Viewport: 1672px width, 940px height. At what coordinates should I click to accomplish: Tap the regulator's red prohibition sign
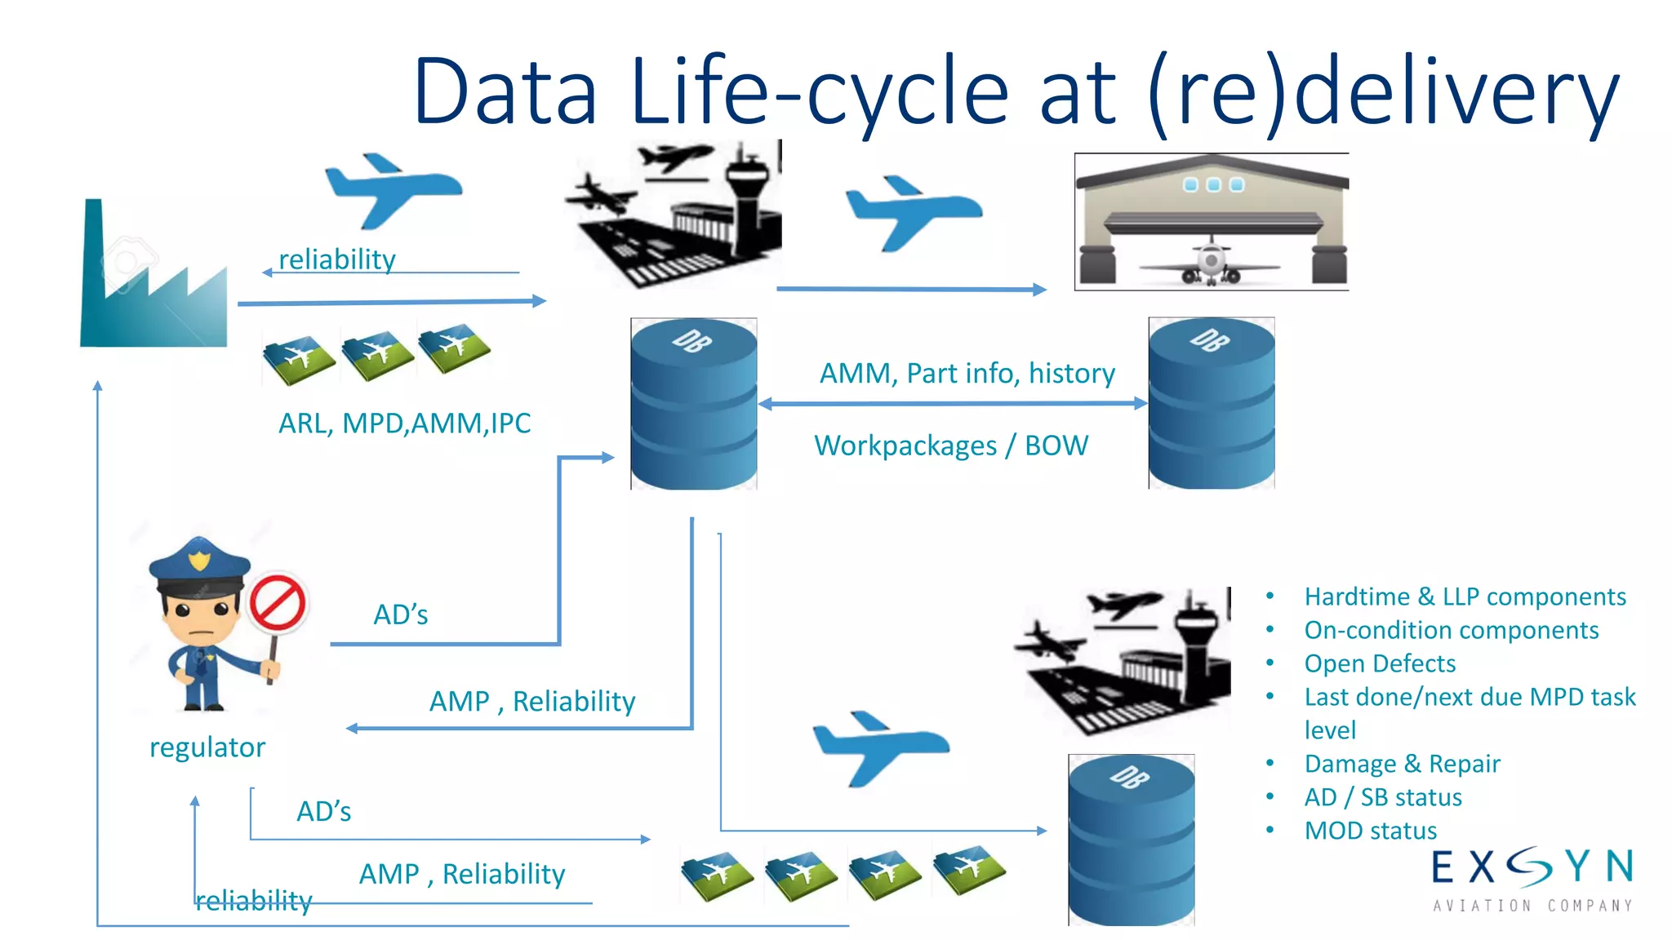coord(278,605)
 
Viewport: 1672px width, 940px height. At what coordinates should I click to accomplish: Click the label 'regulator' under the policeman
coord(207,747)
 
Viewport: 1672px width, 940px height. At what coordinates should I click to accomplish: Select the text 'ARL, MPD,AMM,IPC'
coord(404,423)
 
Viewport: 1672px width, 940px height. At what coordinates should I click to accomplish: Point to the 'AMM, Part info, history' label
coord(967,373)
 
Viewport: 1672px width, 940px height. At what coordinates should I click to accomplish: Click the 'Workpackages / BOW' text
coord(951,446)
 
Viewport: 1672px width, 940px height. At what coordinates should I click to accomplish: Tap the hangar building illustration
coord(1211,221)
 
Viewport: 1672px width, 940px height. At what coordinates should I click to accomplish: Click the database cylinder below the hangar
coord(1211,404)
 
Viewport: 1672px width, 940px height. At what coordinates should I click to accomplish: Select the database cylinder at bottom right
coord(1131,840)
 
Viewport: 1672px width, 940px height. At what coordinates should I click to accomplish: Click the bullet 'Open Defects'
coord(1380,663)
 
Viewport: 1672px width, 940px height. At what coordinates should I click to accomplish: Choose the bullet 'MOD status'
coord(1370,831)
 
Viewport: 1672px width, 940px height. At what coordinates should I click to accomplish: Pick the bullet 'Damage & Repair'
coord(1402,764)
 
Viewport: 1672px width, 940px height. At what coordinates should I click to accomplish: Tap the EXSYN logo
coord(1532,877)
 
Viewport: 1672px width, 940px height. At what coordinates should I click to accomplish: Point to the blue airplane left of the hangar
coord(913,211)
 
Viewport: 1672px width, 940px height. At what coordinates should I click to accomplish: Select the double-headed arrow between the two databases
coord(952,403)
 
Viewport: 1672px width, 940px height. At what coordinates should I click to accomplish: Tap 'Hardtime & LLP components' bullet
coord(1465,596)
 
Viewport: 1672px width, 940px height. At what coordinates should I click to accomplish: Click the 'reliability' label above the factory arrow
coord(337,259)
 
